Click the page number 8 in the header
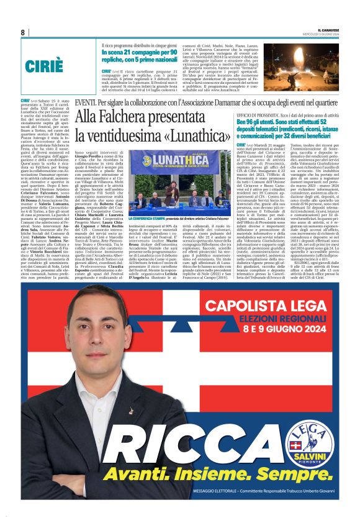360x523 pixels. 22,32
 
